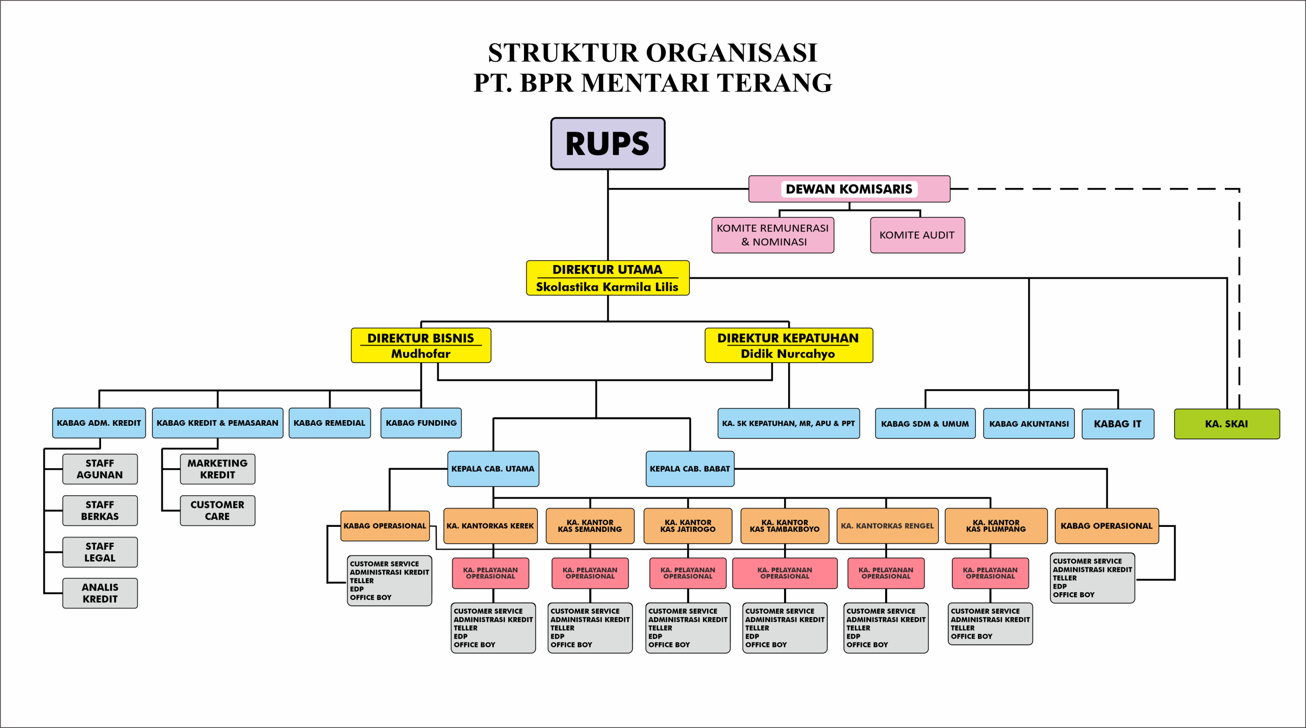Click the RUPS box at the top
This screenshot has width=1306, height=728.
(x=608, y=143)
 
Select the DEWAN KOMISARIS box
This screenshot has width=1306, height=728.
(x=849, y=189)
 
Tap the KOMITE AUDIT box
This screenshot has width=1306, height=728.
(x=917, y=235)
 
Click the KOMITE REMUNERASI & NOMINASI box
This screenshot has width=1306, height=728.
(x=772, y=235)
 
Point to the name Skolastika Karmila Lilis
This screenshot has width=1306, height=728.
(x=607, y=287)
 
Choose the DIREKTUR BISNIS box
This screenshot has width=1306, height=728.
(x=421, y=345)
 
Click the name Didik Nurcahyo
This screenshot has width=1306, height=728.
(x=788, y=354)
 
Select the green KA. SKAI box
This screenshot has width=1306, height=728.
(x=1226, y=424)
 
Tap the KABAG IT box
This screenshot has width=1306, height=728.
(x=1117, y=424)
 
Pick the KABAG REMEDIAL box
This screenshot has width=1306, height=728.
(x=330, y=423)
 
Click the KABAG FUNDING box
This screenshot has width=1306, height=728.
(x=421, y=423)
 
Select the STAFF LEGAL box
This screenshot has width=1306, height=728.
(x=100, y=552)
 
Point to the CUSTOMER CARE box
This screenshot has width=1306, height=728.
(x=217, y=511)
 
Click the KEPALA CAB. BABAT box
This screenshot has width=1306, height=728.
(x=690, y=469)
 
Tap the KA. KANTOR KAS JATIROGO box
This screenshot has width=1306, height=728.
(x=688, y=526)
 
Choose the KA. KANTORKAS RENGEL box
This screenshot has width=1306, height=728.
(x=887, y=526)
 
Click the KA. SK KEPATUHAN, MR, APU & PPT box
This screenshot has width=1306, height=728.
(x=788, y=423)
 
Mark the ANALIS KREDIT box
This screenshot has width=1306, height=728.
(x=100, y=593)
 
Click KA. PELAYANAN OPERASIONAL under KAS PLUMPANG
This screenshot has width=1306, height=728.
(x=990, y=573)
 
